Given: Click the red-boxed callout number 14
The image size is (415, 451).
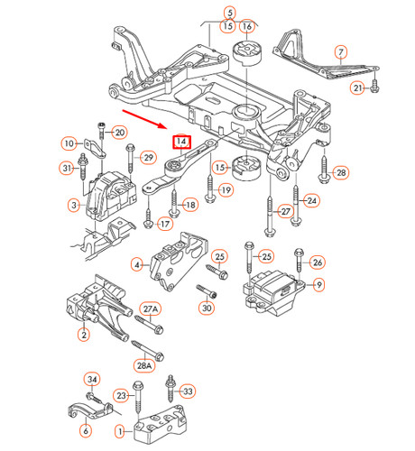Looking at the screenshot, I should click(181, 143).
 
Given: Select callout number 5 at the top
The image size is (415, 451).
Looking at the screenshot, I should click(229, 13).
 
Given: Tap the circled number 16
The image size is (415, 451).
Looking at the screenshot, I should click(247, 27).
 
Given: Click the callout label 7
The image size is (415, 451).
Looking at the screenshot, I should click(340, 52).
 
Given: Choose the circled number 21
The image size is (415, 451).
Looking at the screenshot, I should click(357, 87).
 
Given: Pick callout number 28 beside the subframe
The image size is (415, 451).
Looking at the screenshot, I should click(339, 172).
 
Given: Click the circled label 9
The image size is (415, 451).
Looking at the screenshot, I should click(318, 286).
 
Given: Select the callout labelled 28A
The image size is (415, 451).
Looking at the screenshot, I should click(145, 366).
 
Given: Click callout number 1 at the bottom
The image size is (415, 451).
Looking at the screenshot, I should click(117, 432).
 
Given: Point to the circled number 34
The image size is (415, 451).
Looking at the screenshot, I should click(91, 379).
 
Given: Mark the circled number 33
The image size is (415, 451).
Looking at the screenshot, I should click(188, 391).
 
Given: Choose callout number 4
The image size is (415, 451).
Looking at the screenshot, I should click(137, 265).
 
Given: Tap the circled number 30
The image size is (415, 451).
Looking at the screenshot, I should click(207, 308).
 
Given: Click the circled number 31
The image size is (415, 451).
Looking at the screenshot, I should click(68, 168).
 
